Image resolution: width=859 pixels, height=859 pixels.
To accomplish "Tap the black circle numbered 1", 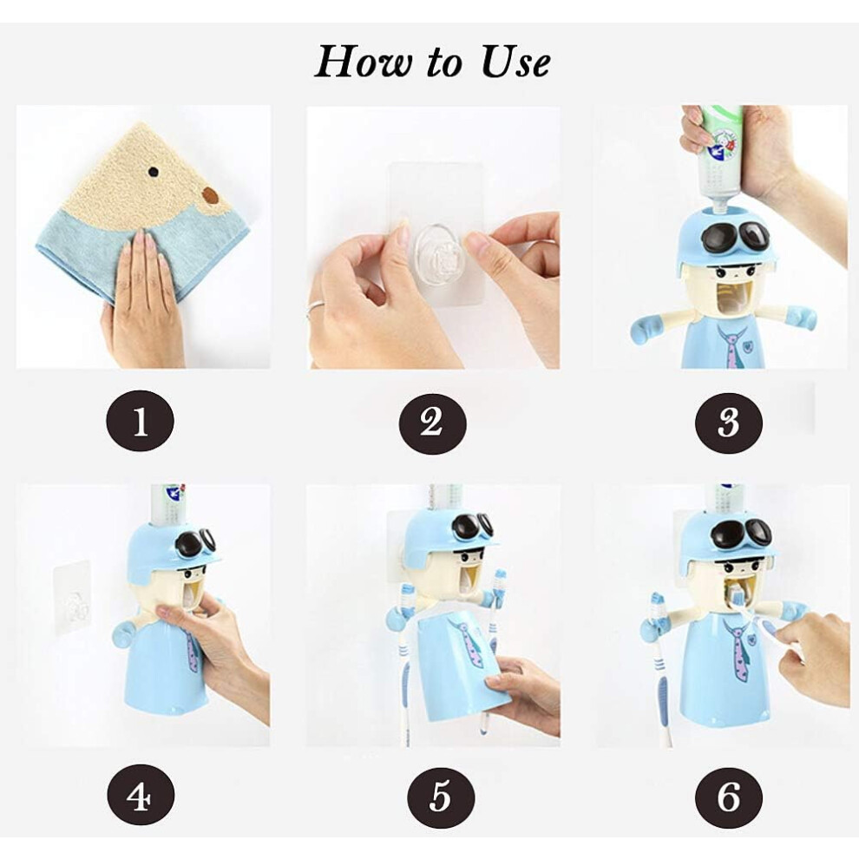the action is click(140, 422).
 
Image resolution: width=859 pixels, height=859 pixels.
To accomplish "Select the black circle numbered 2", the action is click(432, 423).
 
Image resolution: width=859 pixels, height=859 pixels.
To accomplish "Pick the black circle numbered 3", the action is click(729, 423).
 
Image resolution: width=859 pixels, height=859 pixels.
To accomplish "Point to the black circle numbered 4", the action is click(141, 796).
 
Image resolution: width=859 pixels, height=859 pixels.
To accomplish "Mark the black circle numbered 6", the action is click(729, 797).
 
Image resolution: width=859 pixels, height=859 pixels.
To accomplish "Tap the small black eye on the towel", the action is click(154, 173).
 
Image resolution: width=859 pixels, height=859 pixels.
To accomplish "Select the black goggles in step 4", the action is click(196, 543).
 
